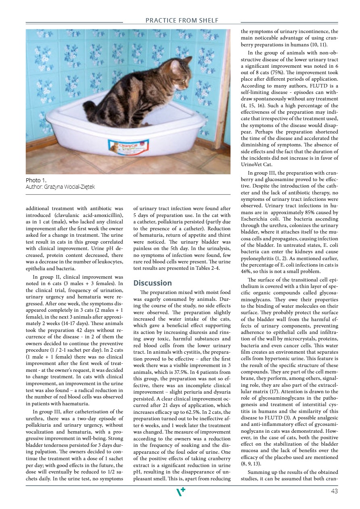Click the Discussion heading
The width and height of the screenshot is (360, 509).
[153, 283]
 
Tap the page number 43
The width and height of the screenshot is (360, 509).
[334, 491]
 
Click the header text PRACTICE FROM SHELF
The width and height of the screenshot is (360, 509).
[182, 20]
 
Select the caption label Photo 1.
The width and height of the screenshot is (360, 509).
[36, 180]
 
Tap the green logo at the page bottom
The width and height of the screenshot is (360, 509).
[181, 491]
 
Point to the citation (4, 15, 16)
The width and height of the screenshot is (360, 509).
[253, 105]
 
